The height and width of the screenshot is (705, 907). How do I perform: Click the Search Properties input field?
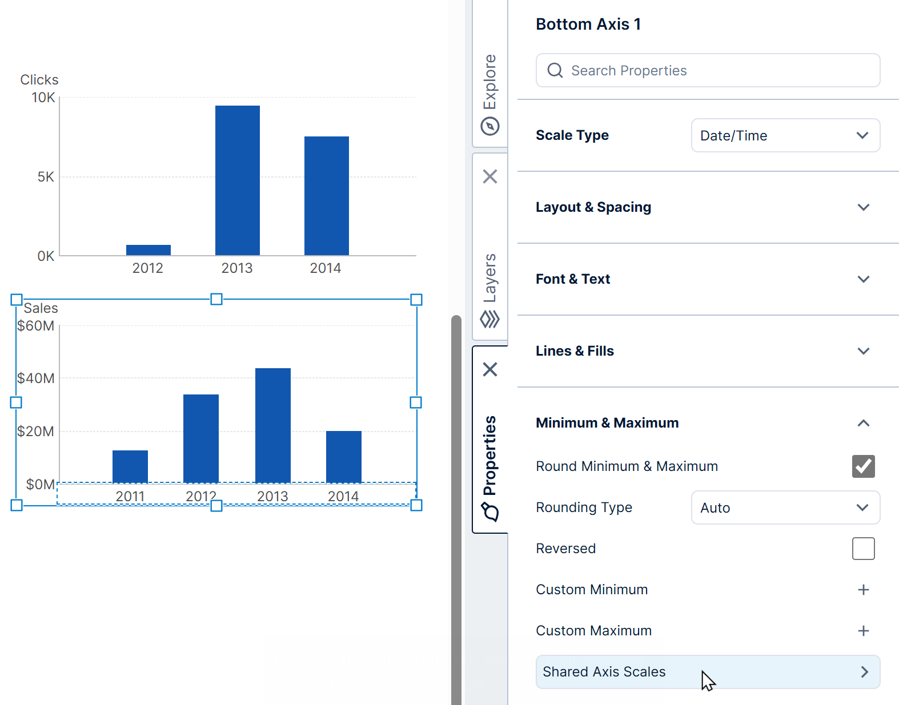point(708,70)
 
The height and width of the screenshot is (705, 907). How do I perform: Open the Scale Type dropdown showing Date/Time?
point(785,135)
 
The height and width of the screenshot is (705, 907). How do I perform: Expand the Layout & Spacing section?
point(863,207)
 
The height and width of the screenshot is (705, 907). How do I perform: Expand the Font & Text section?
point(863,279)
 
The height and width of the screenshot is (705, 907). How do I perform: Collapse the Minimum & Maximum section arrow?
point(863,423)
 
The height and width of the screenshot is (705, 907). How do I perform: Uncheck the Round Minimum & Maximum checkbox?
point(863,466)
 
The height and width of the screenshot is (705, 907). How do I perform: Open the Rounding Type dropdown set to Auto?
point(785,507)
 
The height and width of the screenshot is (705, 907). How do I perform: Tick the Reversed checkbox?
point(863,549)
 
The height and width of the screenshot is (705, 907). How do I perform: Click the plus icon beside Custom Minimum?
point(863,590)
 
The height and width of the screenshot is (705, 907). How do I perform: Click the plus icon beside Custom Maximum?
point(863,631)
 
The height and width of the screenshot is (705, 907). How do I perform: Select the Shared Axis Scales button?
point(708,672)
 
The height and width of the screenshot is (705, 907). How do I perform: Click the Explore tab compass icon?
point(490,126)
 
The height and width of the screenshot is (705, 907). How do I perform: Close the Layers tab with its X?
point(490,176)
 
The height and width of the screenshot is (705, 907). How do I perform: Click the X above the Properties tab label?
point(490,369)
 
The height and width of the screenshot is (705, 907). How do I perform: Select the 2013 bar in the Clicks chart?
point(238,180)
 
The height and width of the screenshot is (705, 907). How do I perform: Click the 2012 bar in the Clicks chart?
point(149,250)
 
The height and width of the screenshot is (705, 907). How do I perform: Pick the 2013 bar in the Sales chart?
point(273,425)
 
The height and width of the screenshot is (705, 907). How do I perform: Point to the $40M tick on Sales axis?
point(36,378)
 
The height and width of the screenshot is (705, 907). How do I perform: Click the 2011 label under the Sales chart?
point(130,496)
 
